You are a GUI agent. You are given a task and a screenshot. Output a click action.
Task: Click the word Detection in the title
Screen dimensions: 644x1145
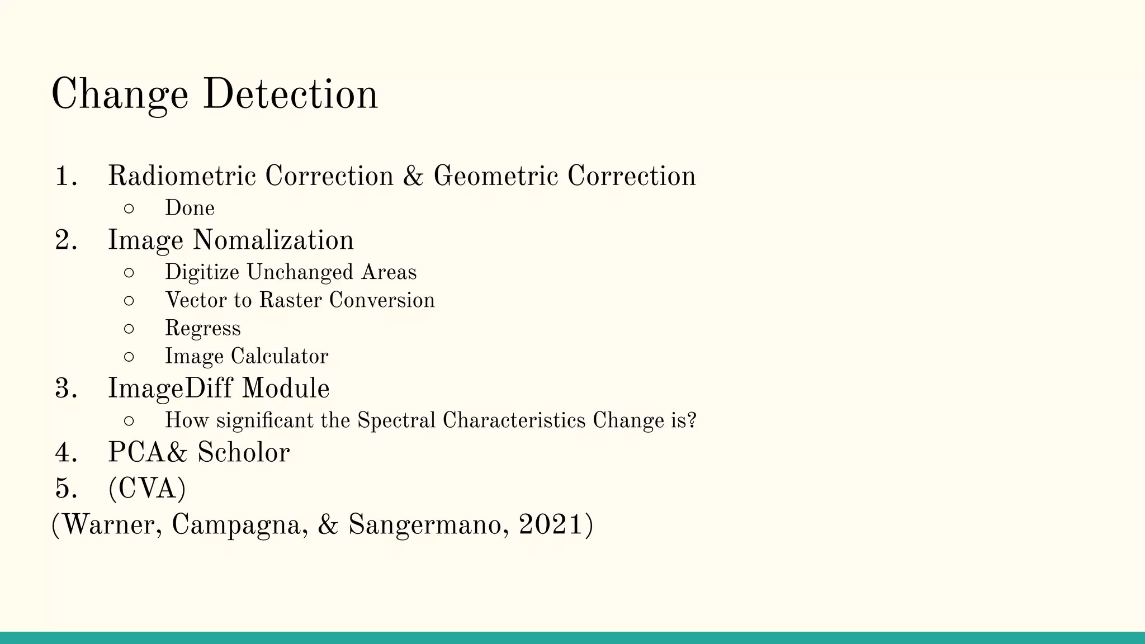tap(290, 94)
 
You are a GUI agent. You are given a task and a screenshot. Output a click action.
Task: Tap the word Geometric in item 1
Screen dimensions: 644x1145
tap(495, 176)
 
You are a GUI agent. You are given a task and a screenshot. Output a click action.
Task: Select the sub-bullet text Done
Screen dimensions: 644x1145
tap(190, 208)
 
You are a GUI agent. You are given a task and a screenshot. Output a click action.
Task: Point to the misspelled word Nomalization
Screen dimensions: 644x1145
tap(273, 240)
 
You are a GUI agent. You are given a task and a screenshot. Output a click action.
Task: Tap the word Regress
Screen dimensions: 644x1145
tap(202, 329)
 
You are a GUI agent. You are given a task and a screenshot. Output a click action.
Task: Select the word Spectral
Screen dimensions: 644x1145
tap(396, 420)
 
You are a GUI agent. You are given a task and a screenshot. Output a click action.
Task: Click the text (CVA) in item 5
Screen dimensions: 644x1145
tap(146, 489)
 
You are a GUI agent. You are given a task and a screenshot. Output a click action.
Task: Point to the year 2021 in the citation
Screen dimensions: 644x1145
tap(551, 524)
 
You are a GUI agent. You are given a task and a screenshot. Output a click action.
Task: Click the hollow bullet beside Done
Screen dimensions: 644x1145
tap(129, 209)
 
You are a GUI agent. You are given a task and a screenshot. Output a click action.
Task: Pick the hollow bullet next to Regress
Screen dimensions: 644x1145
tap(129, 329)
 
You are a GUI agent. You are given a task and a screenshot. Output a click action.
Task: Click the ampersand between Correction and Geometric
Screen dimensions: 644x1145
tap(413, 176)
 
